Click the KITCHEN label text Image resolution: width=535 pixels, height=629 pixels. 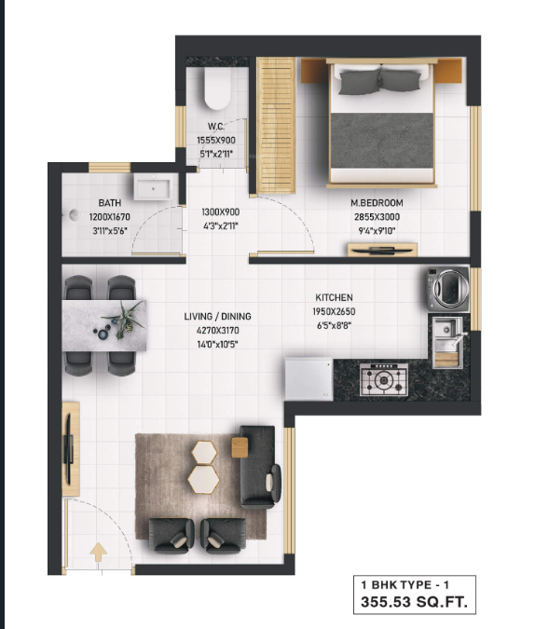pyautogui.click(x=334, y=298)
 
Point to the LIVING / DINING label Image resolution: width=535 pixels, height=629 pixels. pyautogui.click(x=217, y=317)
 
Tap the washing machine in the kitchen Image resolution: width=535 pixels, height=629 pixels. pyautogui.click(x=447, y=290)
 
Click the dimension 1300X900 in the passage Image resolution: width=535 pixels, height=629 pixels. pyautogui.click(x=220, y=212)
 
